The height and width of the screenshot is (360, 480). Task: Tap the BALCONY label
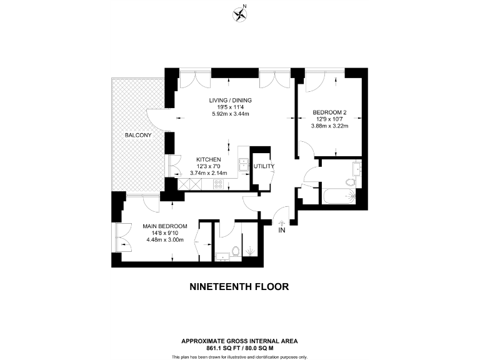click(x=137, y=135)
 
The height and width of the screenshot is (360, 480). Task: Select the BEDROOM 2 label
click(x=329, y=112)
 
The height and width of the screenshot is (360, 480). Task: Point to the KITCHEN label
click(x=209, y=159)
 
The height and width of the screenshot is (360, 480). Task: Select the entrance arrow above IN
click(x=281, y=222)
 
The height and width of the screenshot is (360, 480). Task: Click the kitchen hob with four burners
click(x=219, y=184)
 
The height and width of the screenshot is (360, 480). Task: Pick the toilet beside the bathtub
click(x=351, y=182)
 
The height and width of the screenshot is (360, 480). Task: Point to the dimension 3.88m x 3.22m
click(x=329, y=127)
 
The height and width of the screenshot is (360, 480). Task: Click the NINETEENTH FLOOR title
click(x=239, y=287)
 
